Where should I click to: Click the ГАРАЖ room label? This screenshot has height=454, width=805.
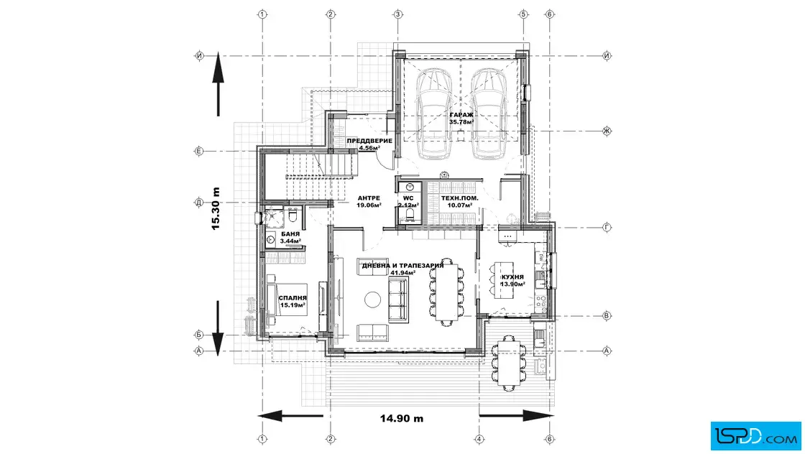coord(461,115)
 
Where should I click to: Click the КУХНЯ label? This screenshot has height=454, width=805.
coord(512,277)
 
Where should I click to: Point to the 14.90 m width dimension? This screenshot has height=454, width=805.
coord(402,418)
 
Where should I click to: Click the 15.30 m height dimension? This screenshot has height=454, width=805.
coord(216,208)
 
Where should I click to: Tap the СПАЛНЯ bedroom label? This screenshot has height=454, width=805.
coord(293,298)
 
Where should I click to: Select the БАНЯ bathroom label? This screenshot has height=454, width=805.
coord(290,234)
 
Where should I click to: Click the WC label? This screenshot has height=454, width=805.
coord(408,198)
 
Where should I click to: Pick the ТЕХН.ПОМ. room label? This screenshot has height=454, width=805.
coord(459,198)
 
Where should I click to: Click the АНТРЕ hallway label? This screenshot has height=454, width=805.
coord(369,198)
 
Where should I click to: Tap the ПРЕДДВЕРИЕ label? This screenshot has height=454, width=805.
coord(369,141)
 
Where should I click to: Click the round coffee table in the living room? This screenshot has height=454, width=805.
coord(373,300)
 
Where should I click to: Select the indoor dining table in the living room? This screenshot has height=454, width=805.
coord(446,292)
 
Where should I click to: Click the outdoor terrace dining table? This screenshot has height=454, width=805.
coord(509,361)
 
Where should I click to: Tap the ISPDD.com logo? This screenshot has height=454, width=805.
coord(755,436)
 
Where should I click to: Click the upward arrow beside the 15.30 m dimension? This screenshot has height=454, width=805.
coord(218,84)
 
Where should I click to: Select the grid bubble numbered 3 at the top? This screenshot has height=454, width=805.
coord(398,14)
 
